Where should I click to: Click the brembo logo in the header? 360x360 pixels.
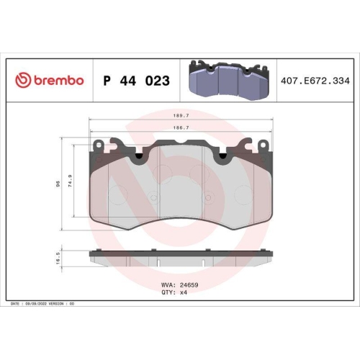pos(49,81)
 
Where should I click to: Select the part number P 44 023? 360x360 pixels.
pos(137,81)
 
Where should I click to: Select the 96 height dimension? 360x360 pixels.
pos(58,183)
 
